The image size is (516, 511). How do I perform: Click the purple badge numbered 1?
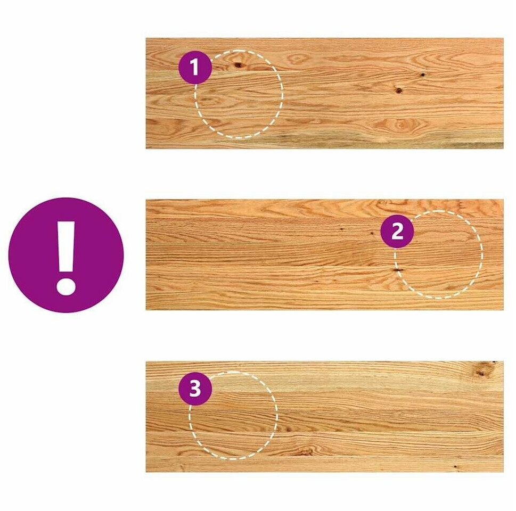point(195,68)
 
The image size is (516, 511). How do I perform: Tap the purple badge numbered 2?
point(397,232)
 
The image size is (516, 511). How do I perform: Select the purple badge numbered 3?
point(195,389)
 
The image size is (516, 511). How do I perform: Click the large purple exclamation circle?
point(66,255)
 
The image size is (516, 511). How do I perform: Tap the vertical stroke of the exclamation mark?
point(66,246)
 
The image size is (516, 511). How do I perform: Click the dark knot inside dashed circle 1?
point(238,65)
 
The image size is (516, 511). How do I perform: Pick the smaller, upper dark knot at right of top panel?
point(422,75)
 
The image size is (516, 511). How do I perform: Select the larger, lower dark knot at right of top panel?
point(398,89)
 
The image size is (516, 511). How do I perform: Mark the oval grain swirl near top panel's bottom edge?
point(399,125)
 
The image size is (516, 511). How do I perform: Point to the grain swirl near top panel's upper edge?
point(298,60)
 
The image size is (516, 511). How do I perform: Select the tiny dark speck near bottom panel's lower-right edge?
point(455,467)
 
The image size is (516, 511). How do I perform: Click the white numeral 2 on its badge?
point(397,232)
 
